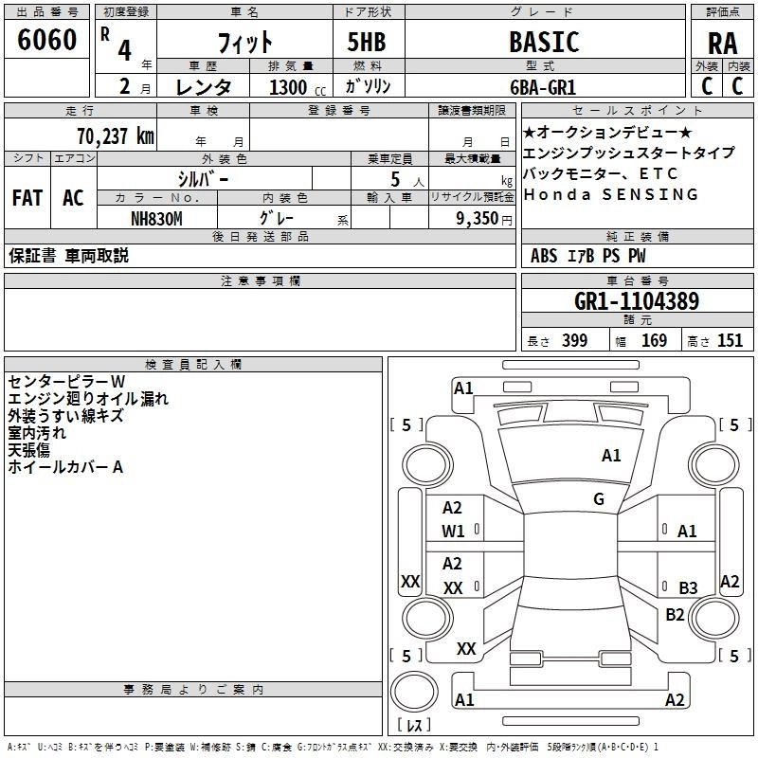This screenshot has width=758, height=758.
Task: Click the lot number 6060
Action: click(x=46, y=41)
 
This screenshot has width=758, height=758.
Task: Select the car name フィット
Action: click(x=245, y=43)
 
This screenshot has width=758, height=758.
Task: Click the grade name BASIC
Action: click(x=544, y=43)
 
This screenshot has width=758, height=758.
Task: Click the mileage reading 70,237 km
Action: click(x=114, y=135)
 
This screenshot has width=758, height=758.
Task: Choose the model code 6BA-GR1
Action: click(x=543, y=87)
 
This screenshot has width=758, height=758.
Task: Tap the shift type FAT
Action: click(x=27, y=198)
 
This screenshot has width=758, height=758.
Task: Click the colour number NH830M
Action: click(x=156, y=218)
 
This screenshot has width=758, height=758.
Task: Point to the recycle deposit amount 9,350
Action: click(x=483, y=218)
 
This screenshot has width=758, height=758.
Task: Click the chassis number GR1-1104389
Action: click(x=637, y=302)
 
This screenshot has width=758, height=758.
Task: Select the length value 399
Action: click(x=574, y=341)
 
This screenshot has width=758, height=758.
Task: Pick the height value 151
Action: click(x=730, y=341)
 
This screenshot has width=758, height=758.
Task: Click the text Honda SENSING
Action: click(x=611, y=194)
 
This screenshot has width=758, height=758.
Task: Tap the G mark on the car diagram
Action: click(x=598, y=499)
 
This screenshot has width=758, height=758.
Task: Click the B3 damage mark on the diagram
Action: click(x=688, y=587)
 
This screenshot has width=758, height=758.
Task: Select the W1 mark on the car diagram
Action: click(x=453, y=532)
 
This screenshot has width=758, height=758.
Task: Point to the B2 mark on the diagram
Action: click(x=675, y=615)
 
